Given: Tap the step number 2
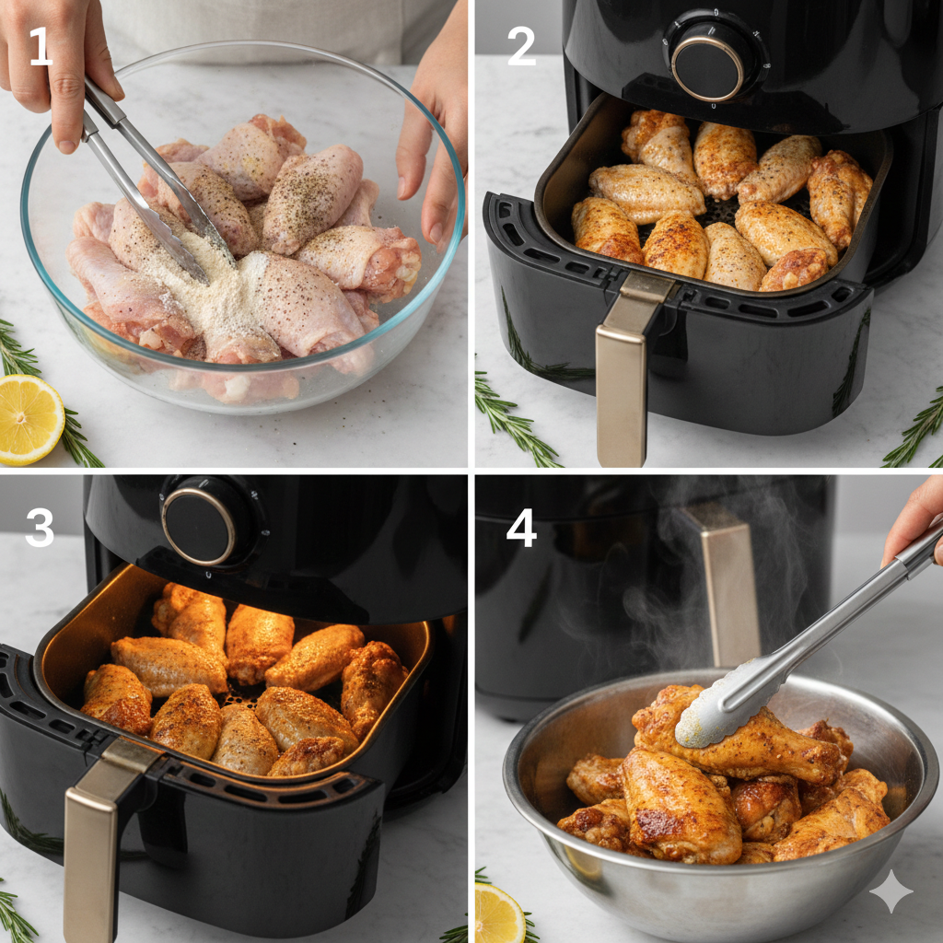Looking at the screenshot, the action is point(521,46).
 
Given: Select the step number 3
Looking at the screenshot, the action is point(40,527).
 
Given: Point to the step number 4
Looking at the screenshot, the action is point(521,528).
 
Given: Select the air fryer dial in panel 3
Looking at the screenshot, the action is point(199,526).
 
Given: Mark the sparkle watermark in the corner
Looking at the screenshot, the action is point(891,891).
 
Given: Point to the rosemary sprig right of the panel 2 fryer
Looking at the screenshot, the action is point(914,427).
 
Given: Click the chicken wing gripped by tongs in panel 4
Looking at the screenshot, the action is point(739,743).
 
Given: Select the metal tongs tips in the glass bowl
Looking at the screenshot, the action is point(180,235).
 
